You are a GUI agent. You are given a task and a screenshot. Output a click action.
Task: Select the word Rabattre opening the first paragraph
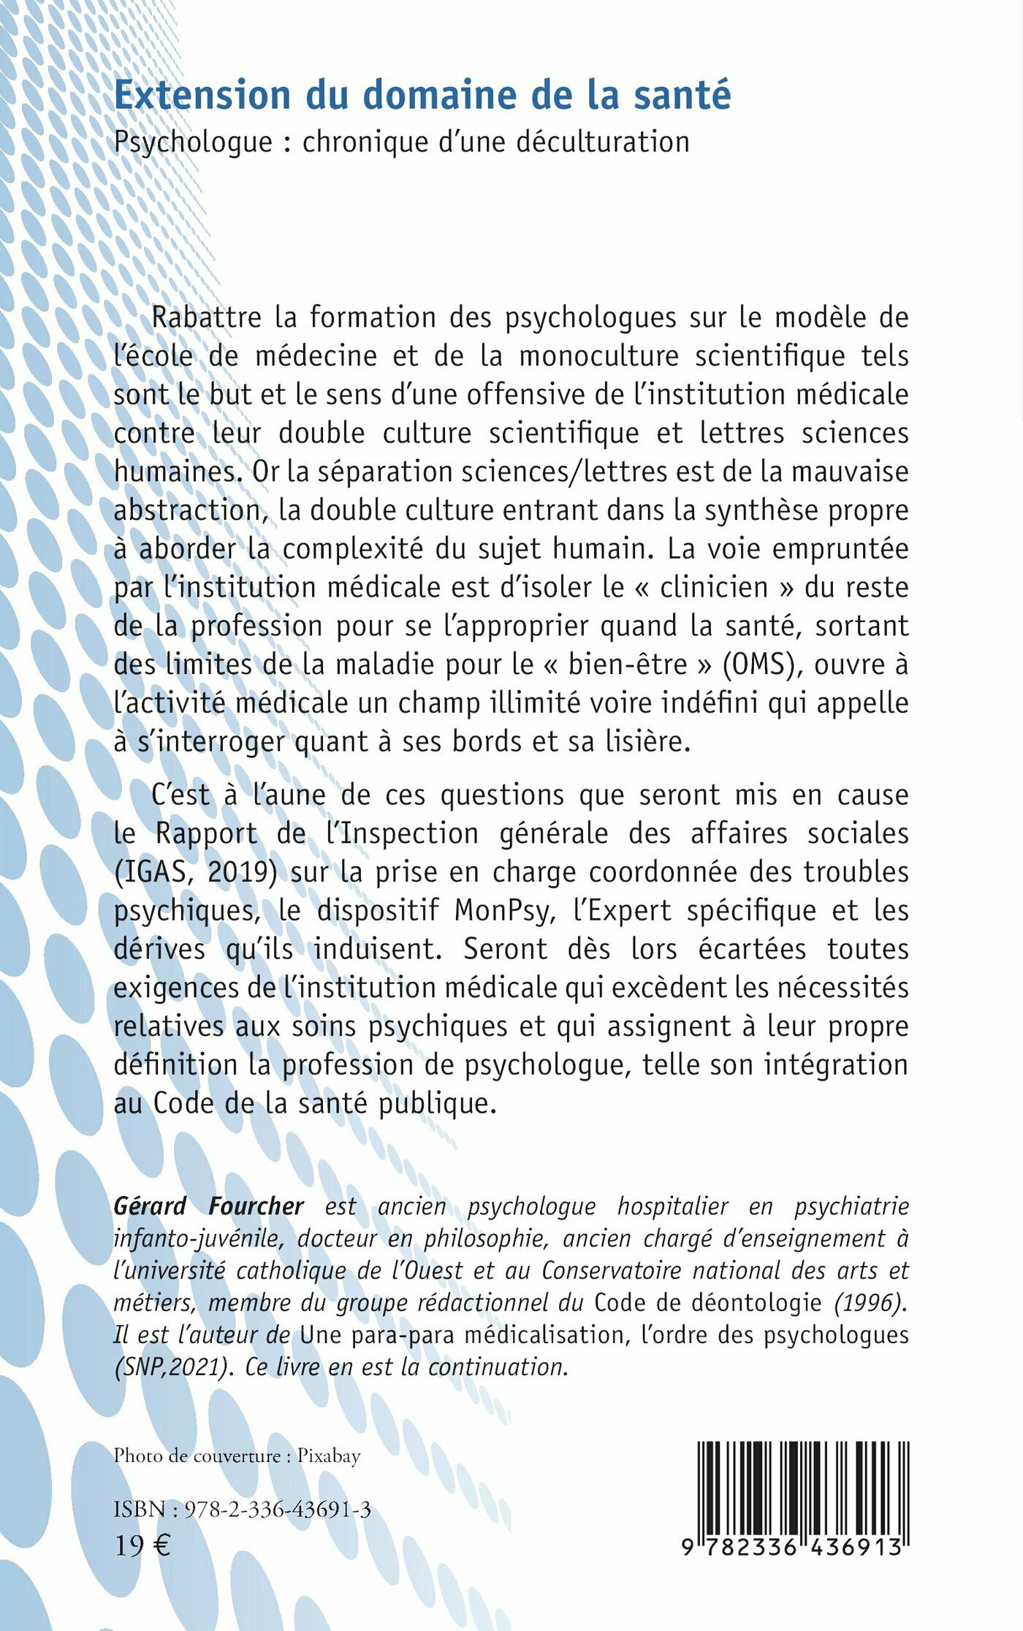(206, 317)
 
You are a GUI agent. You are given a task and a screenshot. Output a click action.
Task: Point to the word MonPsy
(503, 911)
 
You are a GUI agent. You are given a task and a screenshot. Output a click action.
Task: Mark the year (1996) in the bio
(869, 1302)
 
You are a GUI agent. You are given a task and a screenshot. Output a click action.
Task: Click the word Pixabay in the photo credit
(329, 1456)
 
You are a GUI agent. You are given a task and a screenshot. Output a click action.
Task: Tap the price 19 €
(142, 1545)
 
